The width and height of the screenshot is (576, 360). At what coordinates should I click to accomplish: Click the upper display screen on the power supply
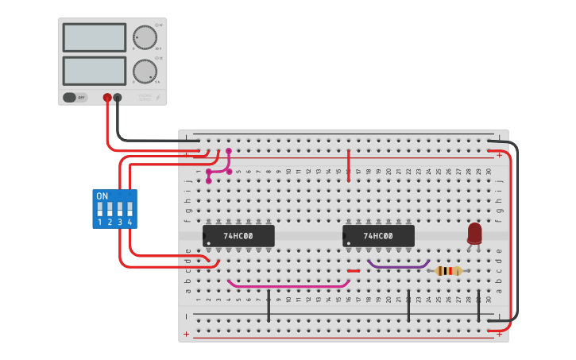pyautogui.click(x=94, y=37)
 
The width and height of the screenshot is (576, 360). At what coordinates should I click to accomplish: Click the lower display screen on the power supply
pyautogui.click(x=94, y=71)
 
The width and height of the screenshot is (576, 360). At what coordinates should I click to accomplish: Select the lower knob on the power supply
pyautogui.click(x=145, y=72)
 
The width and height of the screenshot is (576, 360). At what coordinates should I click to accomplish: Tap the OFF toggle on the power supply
pyautogui.click(x=74, y=98)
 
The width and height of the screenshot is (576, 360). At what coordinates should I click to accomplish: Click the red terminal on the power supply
pyautogui.click(x=107, y=98)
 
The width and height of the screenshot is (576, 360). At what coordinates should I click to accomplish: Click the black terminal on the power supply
pyautogui.click(x=118, y=98)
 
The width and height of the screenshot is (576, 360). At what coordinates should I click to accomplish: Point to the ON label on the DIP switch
pyautogui.click(x=102, y=195)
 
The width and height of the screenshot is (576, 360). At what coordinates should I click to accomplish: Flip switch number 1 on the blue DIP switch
pyautogui.click(x=100, y=211)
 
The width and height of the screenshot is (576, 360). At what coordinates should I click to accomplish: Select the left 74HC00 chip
pyautogui.click(x=238, y=236)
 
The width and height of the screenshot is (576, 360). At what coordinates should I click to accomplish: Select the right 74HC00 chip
pyautogui.click(x=378, y=236)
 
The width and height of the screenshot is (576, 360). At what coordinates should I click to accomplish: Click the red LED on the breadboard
pyautogui.click(x=474, y=233)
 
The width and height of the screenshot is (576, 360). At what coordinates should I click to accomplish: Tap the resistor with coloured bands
pyautogui.click(x=449, y=271)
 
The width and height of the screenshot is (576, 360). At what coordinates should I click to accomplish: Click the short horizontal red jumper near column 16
pyautogui.click(x=354, y=271)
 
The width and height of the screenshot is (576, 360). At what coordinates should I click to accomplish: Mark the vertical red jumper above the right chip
pyautogui.click(x=349, y=165)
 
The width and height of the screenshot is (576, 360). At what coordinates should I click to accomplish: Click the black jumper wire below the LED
pyautogui.click(x=479, y=306)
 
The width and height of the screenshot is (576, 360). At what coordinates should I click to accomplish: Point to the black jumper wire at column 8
pyautogui.click(x=269, y=306)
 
